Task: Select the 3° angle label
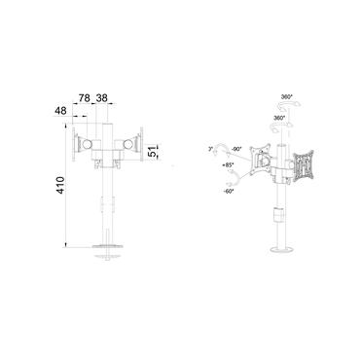coord(210,149)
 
